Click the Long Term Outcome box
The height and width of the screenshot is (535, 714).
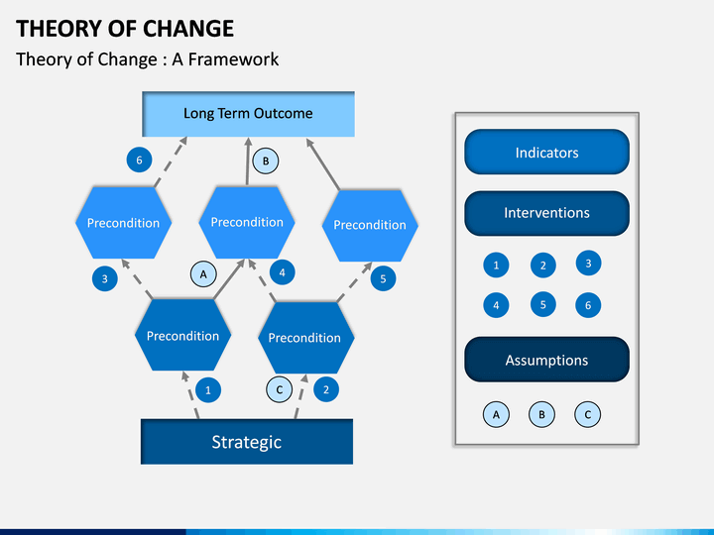(x=248, y=114)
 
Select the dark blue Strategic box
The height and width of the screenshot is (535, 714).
(x=247, y=441)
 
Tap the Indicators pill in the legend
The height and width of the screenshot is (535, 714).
(x=546, y=152)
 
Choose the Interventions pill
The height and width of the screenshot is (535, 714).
(x=546, y=213)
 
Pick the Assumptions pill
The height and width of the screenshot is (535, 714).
(x=546, y=360)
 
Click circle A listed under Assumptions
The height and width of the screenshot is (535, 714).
(x=496, y=414)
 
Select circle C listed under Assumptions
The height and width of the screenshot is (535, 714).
(x=587, y=414)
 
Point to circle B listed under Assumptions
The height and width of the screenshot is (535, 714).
(x=541, y=414)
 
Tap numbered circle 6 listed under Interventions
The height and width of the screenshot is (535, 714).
(x=588, y=305)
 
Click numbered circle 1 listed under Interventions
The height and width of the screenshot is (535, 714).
(x=496, y=266)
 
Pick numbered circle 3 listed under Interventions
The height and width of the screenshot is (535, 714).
(x=588, y=263)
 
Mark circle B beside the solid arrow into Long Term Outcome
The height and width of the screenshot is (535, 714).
(x=266, y=161)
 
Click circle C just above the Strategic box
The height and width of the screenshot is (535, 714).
(x=279, y=390)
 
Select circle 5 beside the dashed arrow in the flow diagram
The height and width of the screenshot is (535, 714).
(x=383, y=278)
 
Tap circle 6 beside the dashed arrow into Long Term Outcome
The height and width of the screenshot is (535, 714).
(x=140, y=160)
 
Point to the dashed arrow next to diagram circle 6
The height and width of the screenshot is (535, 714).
(x=171, y=161)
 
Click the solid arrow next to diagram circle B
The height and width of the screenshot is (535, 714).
(x=248, y=161)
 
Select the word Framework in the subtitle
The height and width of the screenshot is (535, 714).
(x=233, y=59)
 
